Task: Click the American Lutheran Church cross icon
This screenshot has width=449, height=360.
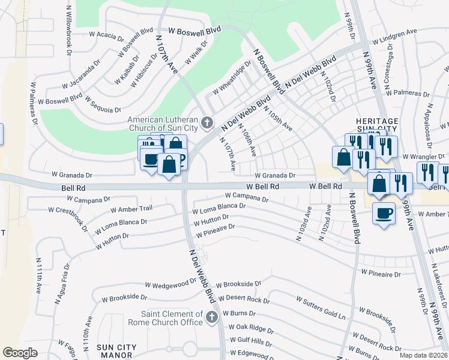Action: pos(207,124)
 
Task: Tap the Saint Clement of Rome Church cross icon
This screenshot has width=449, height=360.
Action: pos(211,317)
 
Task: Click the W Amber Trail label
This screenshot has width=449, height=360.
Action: pos(131,209)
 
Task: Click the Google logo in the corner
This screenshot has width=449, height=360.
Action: pos(20,353)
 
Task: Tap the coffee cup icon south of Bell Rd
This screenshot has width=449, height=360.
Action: pos(384,214)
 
